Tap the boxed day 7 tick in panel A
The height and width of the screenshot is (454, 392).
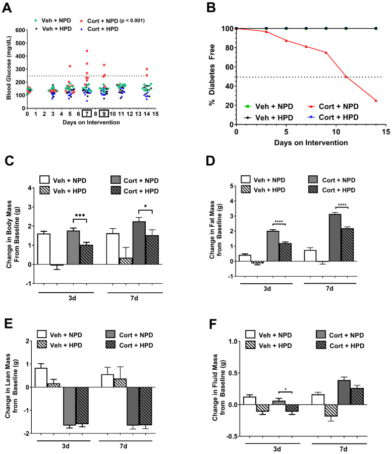(87, 114)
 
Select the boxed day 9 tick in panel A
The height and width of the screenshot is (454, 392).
(104, 114)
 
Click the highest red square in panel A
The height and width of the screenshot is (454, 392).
(87, 51)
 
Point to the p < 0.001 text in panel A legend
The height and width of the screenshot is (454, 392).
(132, 21)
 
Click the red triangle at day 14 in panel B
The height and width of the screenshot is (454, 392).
(376, 100)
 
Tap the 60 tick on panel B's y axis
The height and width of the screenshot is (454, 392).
(230, 67)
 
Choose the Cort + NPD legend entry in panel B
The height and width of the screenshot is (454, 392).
(333, 106)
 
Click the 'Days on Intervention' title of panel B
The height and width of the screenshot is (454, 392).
(311, 143)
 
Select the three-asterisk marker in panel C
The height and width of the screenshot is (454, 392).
(80, 216)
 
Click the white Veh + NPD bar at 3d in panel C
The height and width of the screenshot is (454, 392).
(43, 249)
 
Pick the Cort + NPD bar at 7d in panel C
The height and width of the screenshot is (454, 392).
(139, 243)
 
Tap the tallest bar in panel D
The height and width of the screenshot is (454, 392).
(335, 238)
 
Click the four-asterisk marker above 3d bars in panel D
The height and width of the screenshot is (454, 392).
(278, 222)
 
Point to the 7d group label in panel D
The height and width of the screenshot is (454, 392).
(329, 288)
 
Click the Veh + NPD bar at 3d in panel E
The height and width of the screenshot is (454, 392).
(41, 377)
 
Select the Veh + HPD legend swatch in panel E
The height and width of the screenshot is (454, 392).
(42, 345)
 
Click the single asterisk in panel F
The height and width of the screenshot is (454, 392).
(286, 390)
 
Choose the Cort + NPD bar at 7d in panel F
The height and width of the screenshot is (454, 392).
(344, 393)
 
